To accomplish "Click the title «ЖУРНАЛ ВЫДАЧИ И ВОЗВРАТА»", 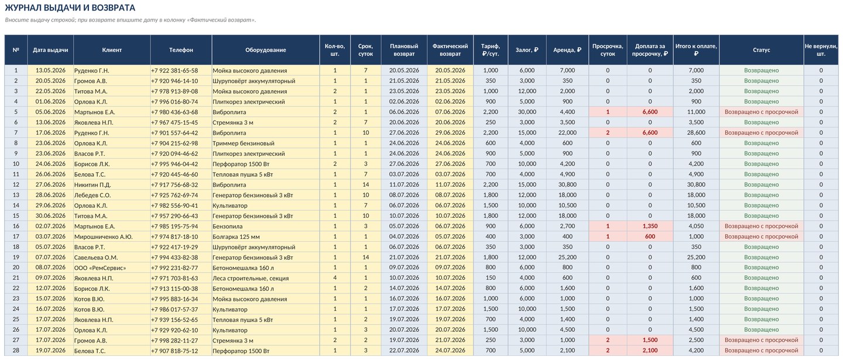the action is [70, 8].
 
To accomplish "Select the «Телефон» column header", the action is [181, 50].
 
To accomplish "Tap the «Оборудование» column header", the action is [266, 50].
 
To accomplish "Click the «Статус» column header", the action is [761, 50].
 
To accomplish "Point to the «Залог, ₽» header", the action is [527, 50].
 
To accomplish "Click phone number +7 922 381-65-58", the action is [174, 71].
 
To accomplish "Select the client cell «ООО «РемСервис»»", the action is [100, 268].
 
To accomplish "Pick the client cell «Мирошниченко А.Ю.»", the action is [104, 237].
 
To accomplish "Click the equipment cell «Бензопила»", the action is [228, 227].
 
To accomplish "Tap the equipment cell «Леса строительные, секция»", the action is [251, 279].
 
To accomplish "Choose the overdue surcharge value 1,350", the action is [650, 227].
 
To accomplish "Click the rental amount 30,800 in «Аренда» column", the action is [567, 185].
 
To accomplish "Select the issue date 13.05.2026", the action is [50, 70].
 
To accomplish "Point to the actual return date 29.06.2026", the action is [450, 133].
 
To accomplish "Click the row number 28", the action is [16, 351].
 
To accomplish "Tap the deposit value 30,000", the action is [527, 112].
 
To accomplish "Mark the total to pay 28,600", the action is [696, 133].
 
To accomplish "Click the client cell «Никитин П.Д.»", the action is [92, 185].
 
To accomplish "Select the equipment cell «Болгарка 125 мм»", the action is [237, 237].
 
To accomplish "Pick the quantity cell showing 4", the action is [335, 278].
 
